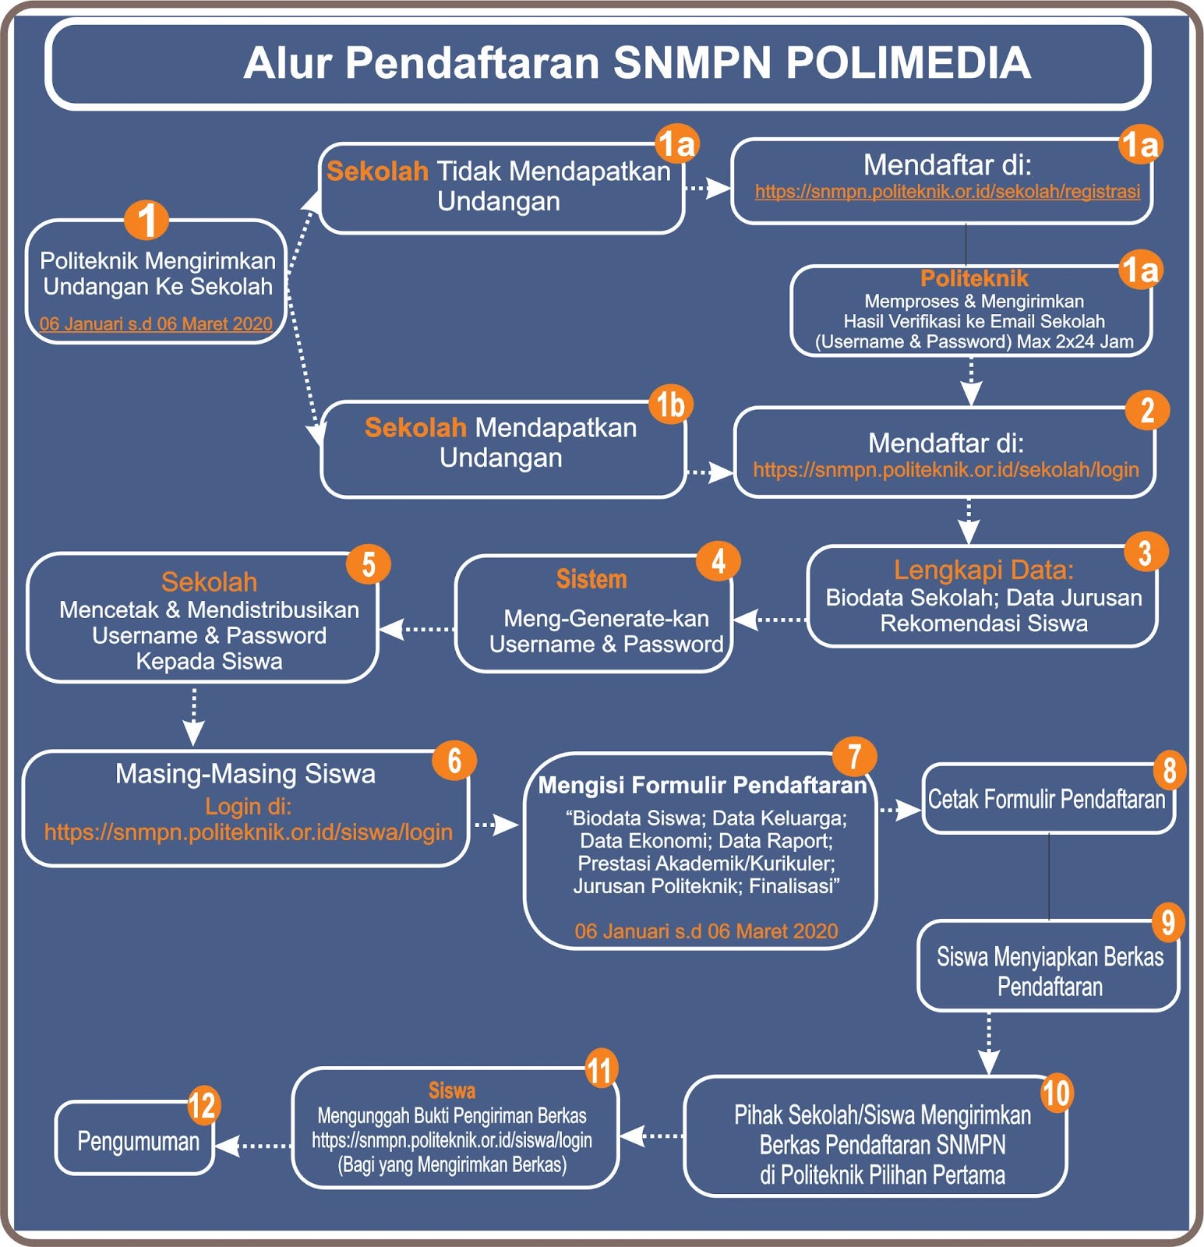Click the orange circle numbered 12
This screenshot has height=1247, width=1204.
pos(203,1105)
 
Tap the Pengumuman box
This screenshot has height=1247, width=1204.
pos(137,1142)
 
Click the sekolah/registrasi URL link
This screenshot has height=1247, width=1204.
pos(947,192)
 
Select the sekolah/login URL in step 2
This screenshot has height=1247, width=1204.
pos(945,470)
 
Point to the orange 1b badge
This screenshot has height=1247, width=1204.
pos(670,404)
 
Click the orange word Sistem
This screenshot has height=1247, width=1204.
pos(591,579)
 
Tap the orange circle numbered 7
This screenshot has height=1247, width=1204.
pos(854,756)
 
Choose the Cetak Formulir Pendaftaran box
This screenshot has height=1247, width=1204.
pos(1047,800)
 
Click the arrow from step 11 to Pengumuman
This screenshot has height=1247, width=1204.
pos(253,1146)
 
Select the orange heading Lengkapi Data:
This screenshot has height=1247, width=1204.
pos(983,570)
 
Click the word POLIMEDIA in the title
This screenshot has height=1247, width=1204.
pos(908,63)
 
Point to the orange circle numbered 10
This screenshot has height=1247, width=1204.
pos(1056,1093)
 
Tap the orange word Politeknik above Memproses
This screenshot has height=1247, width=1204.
pos(974,278)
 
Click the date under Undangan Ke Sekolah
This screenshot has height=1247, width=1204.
pos(156,324)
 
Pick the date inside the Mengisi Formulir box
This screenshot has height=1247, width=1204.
pos(706,931)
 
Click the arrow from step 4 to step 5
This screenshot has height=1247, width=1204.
pos(417,628)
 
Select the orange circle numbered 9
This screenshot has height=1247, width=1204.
pos(1167,922)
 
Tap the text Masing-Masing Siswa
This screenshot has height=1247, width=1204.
pos(245,774)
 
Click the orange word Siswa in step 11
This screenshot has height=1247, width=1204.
pos(451,1090)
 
